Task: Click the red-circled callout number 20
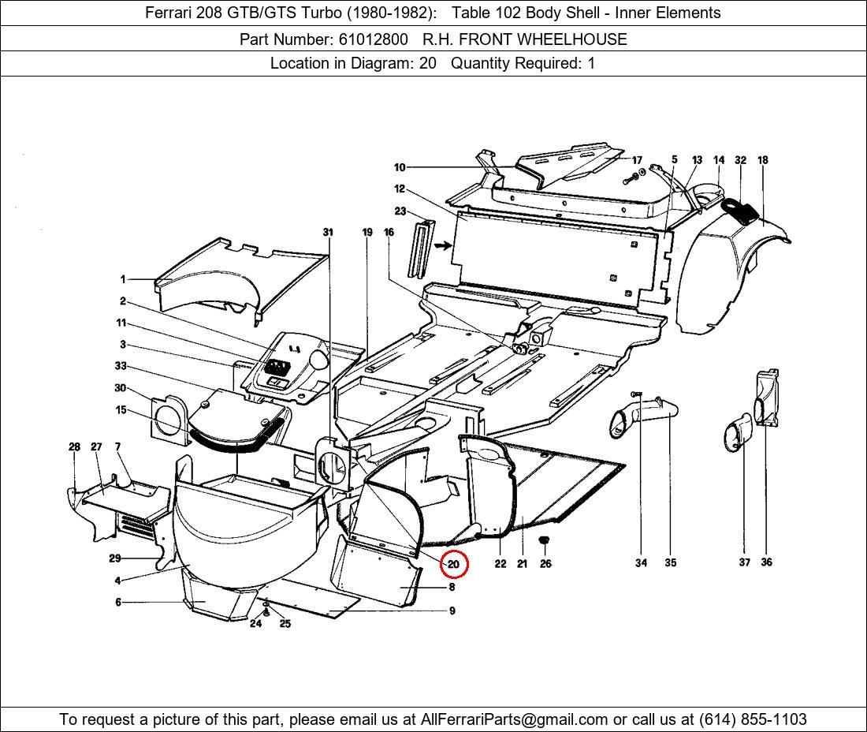tap(454, 565)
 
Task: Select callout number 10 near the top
tap(400, 167)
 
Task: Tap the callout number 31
tap(328, 232)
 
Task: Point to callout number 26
tap(546, 563)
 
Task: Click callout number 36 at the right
tap(766, 562)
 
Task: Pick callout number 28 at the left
tap(74, 446)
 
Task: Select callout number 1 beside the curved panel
tap(123, 279)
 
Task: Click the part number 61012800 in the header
tap(374, 39)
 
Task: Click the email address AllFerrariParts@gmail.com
tap(515, 719)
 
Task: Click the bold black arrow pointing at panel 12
tap(443, 245)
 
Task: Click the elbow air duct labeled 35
tap(642, 416)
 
